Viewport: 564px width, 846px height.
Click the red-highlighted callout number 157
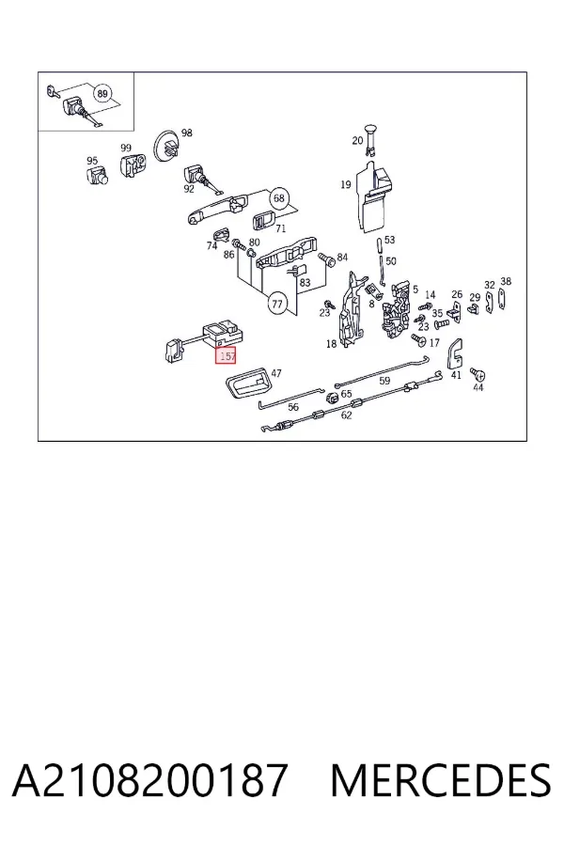227,355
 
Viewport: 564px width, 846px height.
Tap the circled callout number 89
102,94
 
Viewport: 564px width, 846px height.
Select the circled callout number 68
278,198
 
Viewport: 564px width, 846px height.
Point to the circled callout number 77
277,305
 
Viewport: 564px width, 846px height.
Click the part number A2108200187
149,780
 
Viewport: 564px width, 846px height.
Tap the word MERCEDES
441,780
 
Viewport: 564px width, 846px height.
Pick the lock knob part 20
370,138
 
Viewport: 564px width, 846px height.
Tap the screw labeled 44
476,373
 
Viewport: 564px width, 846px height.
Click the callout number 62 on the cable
347,415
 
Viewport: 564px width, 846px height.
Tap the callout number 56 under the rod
293,407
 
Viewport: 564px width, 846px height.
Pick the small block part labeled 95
97,176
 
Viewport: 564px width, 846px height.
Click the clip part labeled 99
132,164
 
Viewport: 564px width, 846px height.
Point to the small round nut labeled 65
333,398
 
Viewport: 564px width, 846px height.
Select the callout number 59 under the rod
384,381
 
